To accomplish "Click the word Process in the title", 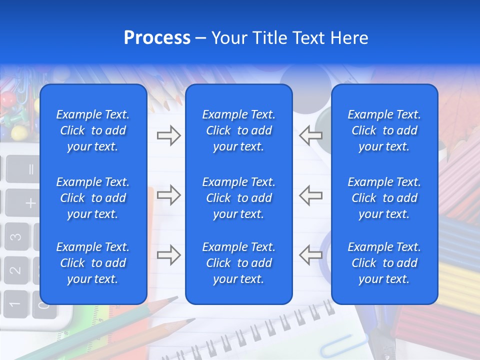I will point(157,38).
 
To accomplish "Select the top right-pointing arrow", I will point(168,135).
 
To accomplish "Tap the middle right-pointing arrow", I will point(168,195).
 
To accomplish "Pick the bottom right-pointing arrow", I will point(168,255).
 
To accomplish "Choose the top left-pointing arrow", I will point(311,135).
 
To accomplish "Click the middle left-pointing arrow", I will point(311,195).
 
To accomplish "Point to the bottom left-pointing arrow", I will point(311,255).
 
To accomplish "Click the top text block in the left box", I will point(93,130).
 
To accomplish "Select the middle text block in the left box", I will point(93,198).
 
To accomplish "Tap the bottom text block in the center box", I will point(238,263).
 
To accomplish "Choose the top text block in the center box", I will point(238,130).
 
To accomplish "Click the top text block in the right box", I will point(384,130).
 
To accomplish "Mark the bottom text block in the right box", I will point(384,263).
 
